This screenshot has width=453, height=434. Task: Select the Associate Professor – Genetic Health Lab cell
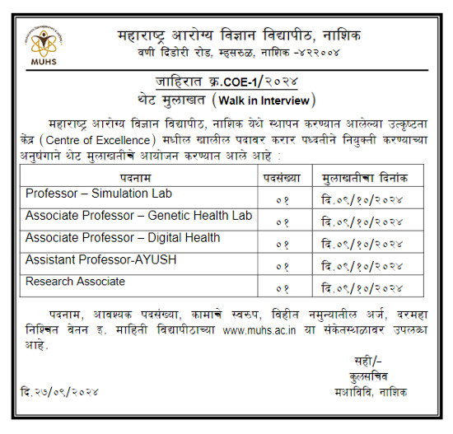coord(138,216)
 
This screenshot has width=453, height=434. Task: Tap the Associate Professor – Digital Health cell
coord(123,238)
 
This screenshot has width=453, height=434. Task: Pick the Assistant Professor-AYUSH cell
coord(101,260)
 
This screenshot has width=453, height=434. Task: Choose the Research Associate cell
coord(75,282)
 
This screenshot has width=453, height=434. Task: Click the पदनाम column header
coord(137,177)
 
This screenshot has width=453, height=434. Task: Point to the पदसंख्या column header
coord(283,177)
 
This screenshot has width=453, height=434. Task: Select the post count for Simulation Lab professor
coord(283,199)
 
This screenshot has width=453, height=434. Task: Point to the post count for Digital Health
coord(283,244)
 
